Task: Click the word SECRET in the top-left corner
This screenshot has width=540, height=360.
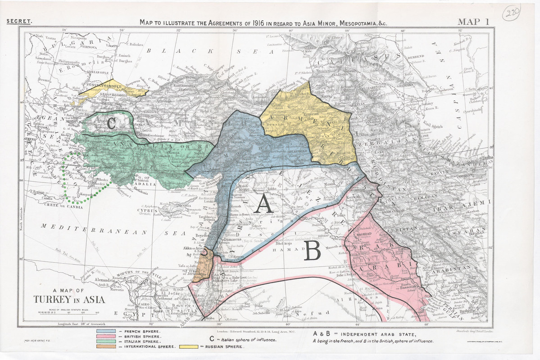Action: click(18, 21)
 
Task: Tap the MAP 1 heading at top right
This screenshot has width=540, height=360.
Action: click(473, 21)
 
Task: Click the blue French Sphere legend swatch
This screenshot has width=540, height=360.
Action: click(106, 331)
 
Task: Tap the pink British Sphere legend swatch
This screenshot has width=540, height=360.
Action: click(106, 337)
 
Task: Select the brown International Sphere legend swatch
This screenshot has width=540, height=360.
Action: click(106, 347)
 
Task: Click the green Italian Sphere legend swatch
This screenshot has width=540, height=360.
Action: click(106, 342)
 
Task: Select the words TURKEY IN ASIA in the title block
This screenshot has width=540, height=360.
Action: click(69, 300)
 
